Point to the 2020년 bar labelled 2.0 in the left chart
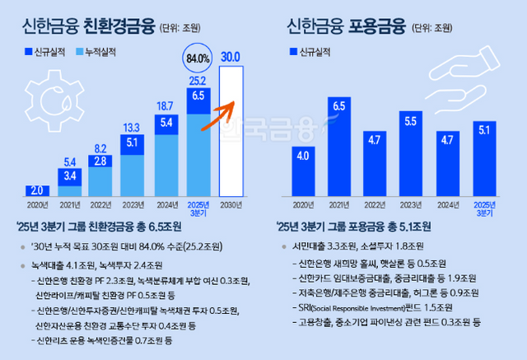(36, 189)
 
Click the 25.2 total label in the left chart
(197, 81)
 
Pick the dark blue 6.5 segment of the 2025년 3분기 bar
(197, 97)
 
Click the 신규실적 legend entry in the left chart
(45, 51)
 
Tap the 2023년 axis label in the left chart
(133, 204)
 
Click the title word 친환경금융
(118, 26)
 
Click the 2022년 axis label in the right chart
(374, 204)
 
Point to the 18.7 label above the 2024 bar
(165, 105)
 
